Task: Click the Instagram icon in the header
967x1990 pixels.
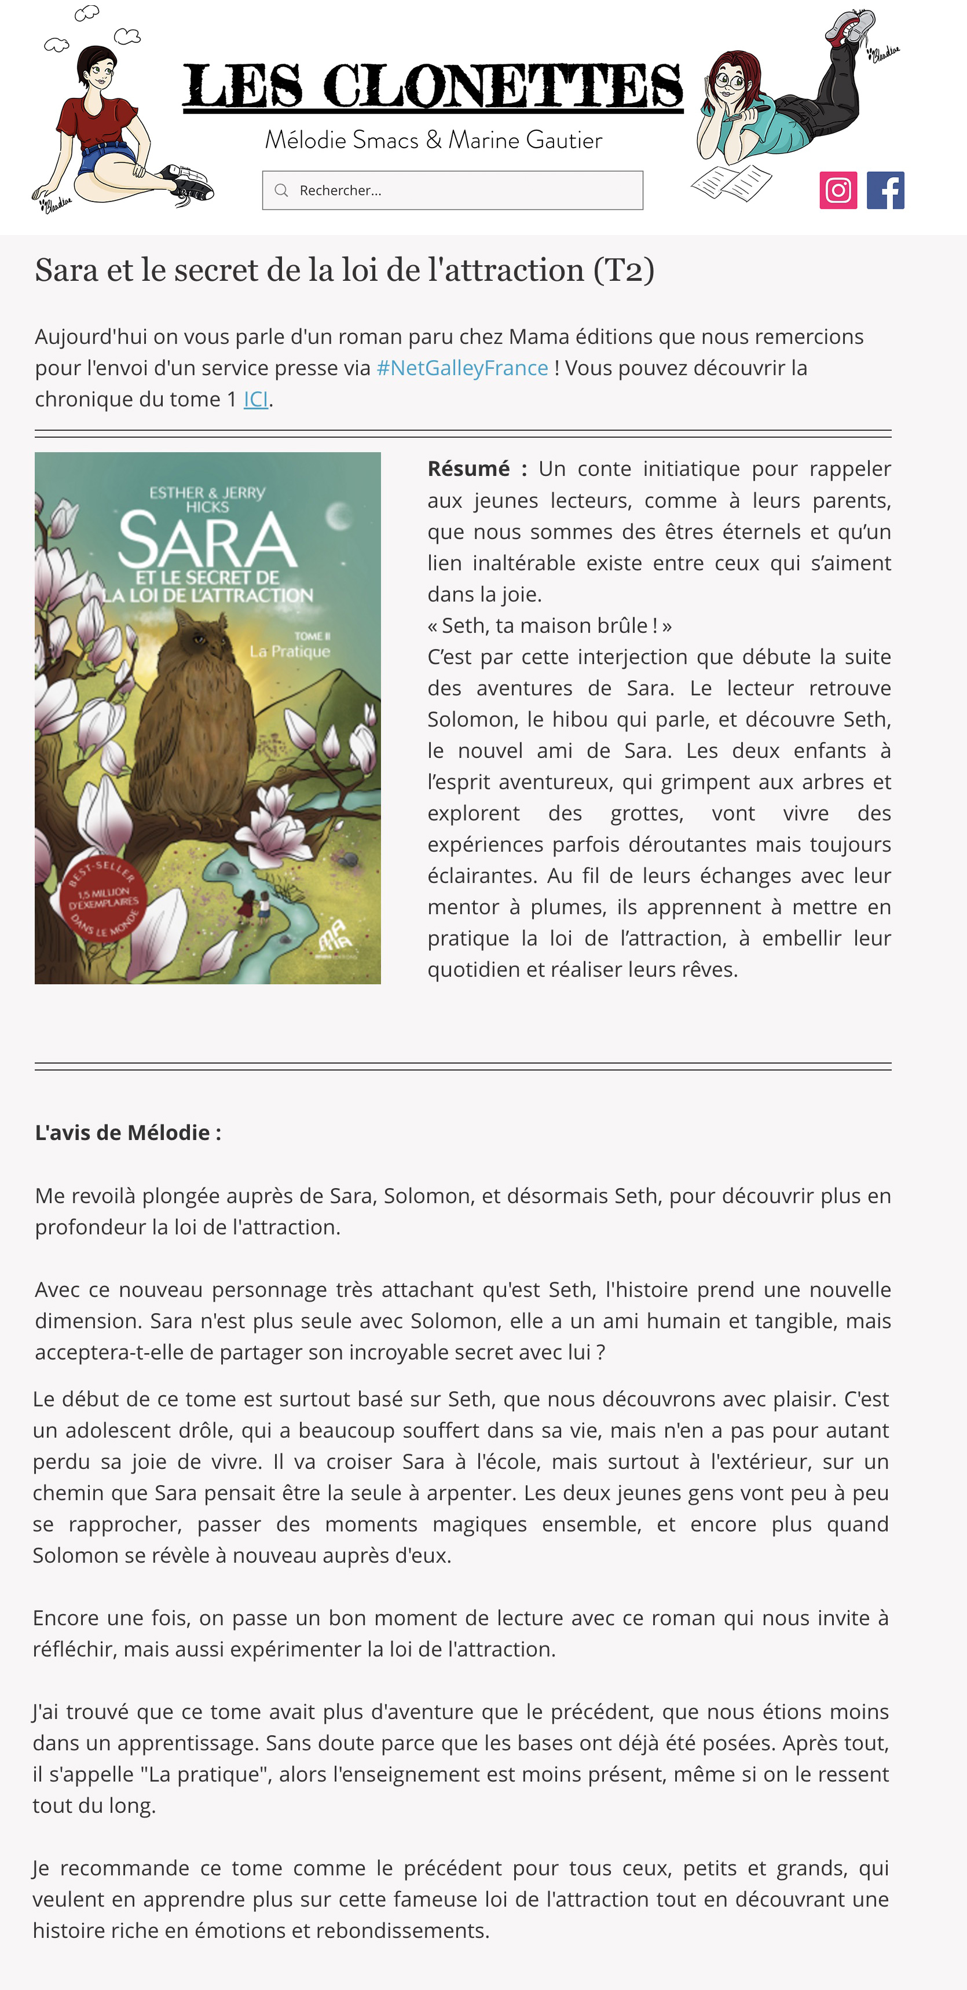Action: pos(838,190)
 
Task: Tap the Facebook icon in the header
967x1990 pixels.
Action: pos(885,190)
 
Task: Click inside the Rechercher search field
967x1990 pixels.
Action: pos(463,190)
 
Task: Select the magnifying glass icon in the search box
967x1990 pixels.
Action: pos(281,190)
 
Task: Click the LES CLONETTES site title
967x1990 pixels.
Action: pos(433,86)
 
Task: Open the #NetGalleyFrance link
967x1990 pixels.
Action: pos(462,368)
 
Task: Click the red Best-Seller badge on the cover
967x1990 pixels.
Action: pos(102,899)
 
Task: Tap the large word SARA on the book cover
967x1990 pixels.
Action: pos(207,541)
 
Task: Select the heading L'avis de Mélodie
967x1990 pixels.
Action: pos(128,1133)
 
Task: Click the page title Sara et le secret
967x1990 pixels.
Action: pos(345,270)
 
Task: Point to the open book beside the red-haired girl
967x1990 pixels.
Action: pos(731,182)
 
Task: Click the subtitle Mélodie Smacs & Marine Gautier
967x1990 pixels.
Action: pos(433,140)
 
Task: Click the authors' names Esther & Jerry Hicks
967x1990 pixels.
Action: pos(207,499)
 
